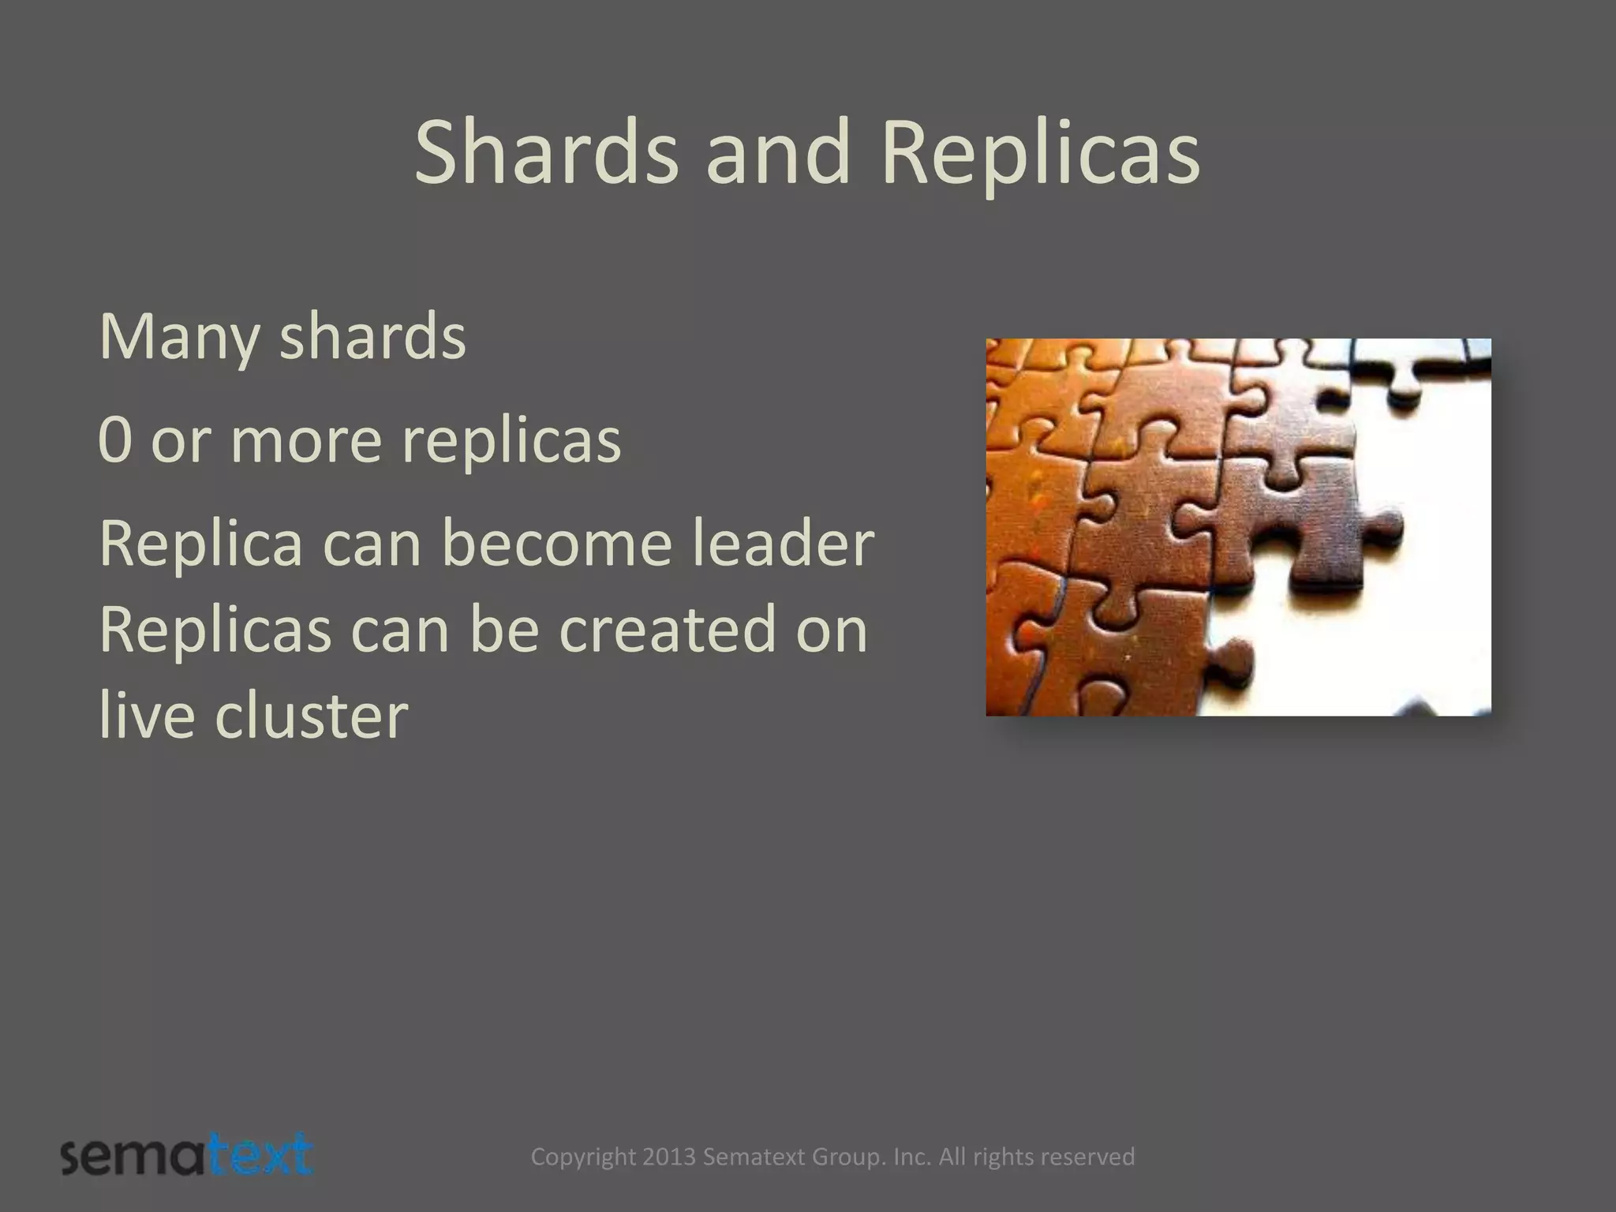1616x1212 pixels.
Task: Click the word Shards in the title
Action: pos(546,151)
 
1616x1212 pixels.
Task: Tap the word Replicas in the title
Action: pos(1040,151)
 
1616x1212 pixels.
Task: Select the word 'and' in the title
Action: pos(778,151)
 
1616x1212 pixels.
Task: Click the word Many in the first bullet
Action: pos(179,338)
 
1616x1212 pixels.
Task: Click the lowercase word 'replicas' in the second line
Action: pos(511,442)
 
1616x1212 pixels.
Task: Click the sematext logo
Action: pos(186,1156)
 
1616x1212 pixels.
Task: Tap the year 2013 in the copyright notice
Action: pos(669,1157)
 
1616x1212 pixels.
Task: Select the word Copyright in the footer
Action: pos(583,1158)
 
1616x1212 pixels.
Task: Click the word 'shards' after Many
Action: pos(372,338)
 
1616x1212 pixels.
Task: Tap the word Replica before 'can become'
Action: pos(201,544)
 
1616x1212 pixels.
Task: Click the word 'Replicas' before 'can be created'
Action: pos(215,630)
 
